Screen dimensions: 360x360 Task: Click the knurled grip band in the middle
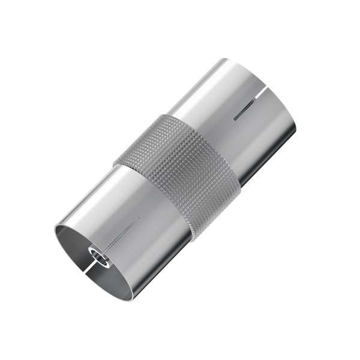(x=180, y=180)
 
